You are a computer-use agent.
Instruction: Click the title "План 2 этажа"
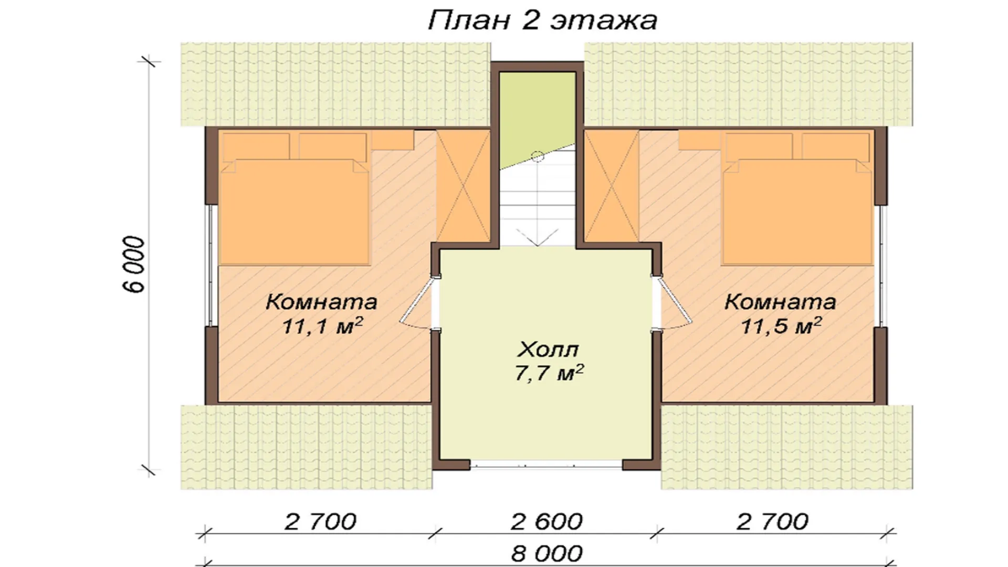pos(542,21)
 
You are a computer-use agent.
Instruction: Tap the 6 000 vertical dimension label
pos(136,265)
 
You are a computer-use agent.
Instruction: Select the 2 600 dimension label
pos(547,522)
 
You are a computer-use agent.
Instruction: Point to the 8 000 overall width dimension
pos(547,553)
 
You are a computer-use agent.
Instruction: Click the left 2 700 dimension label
pos(321,522)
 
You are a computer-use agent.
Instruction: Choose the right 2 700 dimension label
pos(772,522)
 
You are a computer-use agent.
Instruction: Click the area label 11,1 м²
pos(322,326)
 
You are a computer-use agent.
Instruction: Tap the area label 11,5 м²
pos(781,326)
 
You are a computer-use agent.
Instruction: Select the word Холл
pos(548,349)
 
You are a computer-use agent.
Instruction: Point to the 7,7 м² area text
pos(549,373)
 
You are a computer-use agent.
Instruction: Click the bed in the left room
pos(294,198)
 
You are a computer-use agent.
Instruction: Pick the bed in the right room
pos(797,198)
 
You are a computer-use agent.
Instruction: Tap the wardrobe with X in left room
pos(463,186)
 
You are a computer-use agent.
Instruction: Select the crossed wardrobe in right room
pos(612,186)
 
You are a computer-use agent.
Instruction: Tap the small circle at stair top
pos(537,156)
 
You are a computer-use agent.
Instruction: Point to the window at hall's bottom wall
pos(546,464)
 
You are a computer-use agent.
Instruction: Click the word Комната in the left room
pos(321,302)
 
